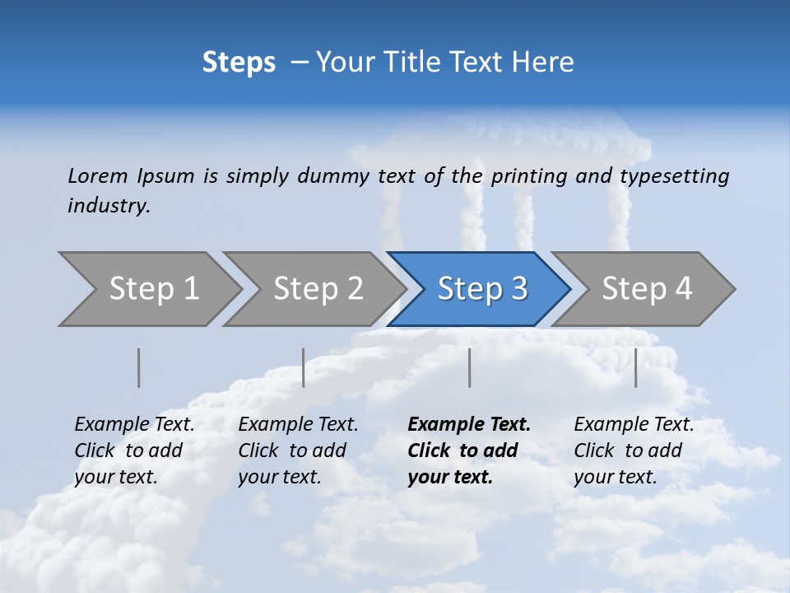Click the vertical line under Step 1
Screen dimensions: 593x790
[x=139, y=367]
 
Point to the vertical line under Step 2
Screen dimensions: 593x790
[x=304, y=367]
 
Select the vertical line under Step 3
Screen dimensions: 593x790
[x=470, y=367]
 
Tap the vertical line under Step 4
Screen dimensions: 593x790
[x=636, y=367]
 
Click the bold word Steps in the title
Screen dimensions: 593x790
[x=239, y=63]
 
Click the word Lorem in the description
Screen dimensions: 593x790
[x=98, y=176]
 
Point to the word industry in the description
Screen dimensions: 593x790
[x=109, y=206]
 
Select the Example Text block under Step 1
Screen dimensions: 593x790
[x=133, y=451]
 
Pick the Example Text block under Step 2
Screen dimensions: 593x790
[x=297, y=451]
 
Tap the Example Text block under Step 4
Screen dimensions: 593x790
[x=633, y=451]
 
